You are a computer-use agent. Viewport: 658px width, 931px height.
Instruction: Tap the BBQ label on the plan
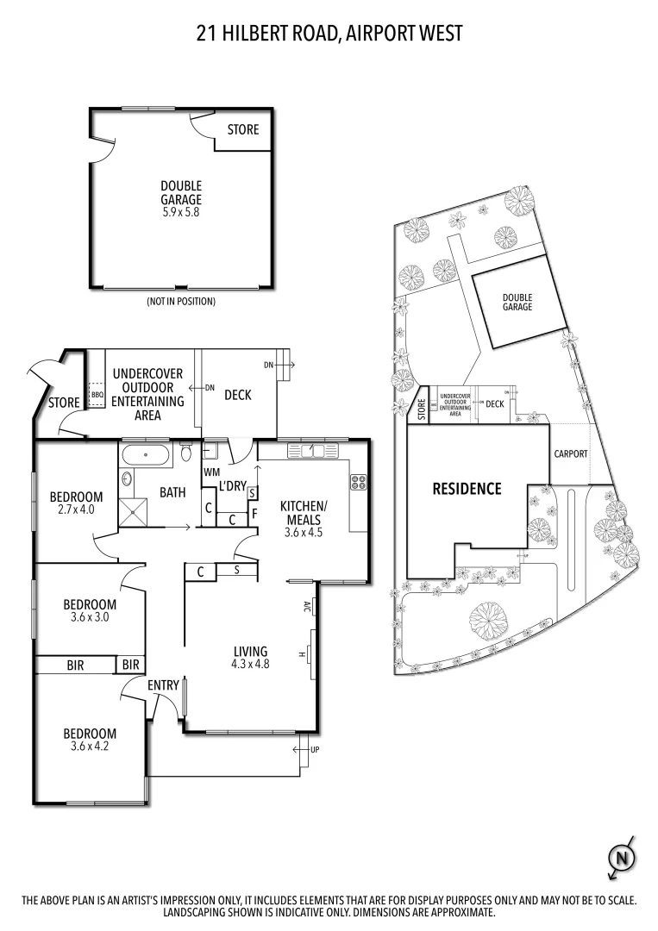click(97, 396)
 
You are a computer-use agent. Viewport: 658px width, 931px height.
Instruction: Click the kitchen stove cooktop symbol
click(358, 484)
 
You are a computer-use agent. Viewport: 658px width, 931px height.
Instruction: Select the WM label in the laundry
click(212, 472)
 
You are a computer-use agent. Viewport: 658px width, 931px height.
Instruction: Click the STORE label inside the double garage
click(242, 130)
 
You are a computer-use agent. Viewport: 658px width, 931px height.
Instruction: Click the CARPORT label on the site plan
click(570, 453)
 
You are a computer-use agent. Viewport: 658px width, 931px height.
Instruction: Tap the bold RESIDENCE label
click(467, 489)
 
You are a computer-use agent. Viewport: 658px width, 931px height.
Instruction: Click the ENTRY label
click(163, 685)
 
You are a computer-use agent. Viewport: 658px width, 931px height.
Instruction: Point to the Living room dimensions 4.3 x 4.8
click(250, 665)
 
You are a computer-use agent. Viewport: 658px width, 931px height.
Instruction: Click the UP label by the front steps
click(314, 750)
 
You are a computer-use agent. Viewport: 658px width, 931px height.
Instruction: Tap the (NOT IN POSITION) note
click(181, 302)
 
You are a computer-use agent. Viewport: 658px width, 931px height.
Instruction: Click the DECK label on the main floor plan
click(237, 395)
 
